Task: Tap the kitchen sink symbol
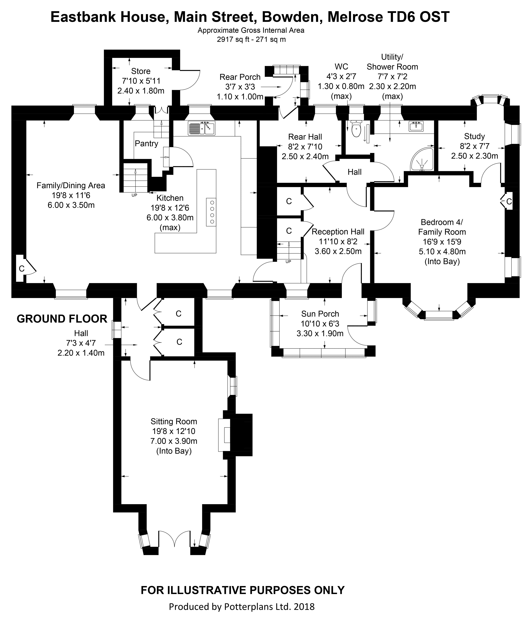202,128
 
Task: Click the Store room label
141,71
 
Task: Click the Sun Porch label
320,314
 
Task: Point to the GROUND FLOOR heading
62,319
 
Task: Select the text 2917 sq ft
234,39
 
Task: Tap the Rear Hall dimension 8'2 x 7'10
305,147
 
